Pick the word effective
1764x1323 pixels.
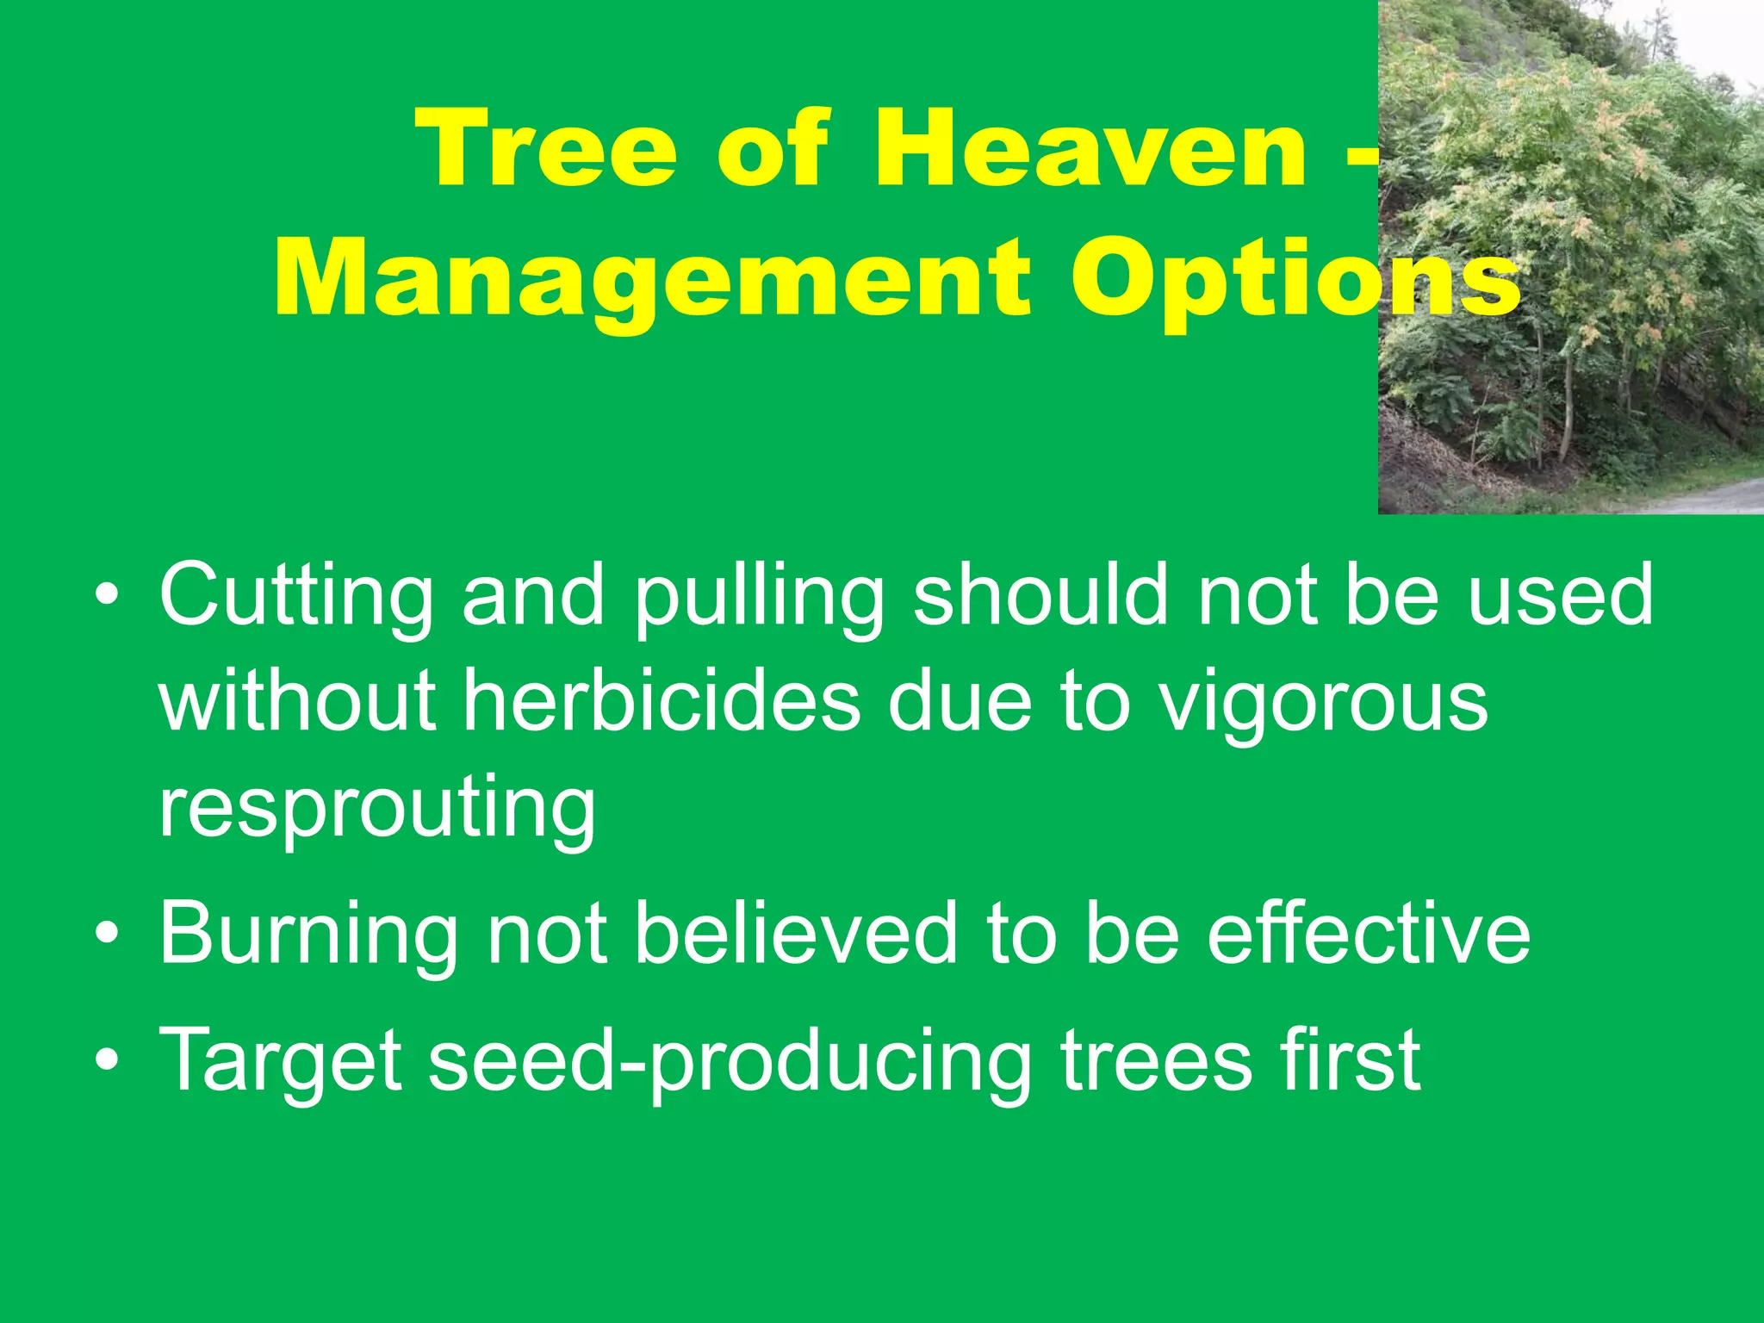tap(1369, 934)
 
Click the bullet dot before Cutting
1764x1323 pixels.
tap(107, 596)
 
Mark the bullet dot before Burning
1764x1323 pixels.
tap(107, 935)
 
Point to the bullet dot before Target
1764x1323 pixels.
tap(107, 1060)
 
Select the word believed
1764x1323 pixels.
tap(796, 934)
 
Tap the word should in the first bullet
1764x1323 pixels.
tap(1041, 594)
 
